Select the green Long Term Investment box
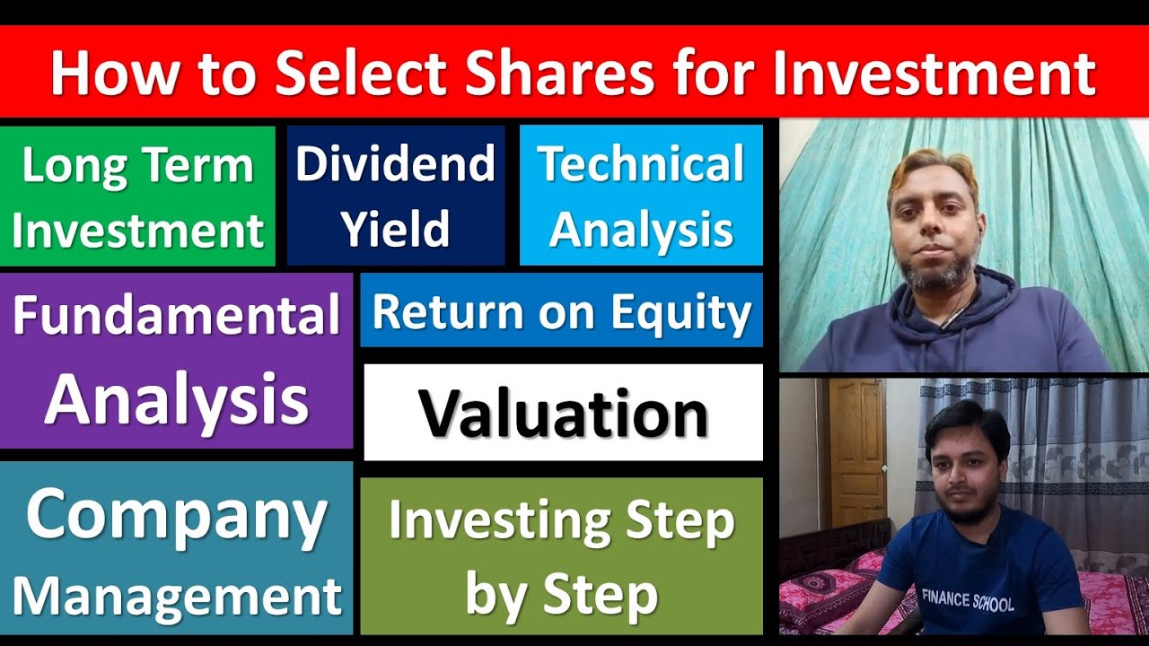(137, 196)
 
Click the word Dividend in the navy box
(395, 164)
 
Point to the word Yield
(395, 230)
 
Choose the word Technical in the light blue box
(641, 164)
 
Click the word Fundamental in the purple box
(176, 317)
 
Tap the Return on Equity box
(561, 310)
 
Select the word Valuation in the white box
(563, 414)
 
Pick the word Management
(176, 595)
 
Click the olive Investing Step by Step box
(561, 556)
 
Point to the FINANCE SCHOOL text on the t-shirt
(967, 599)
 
